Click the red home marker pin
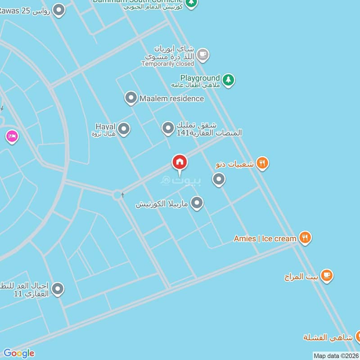[x=180, y=162]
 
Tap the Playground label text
[x=200, y=78]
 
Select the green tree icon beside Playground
[x=229, y=80]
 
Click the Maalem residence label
[x=171, y=98]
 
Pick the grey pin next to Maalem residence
[x=131, y=98]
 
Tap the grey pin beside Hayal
[x=124, y=129]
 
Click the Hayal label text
[x=105, y=126]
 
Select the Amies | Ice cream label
[x=265, y=238]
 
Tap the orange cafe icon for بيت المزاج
[x=327, y=275]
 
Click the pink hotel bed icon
[x=12, y=136]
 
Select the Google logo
[x=18, y=353]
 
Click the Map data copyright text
[x=336, y=355]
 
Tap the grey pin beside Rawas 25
[x=58, y=10]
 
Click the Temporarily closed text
[x=167, y=64]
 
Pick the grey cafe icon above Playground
[x=203, y=55]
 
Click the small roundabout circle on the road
[x=118, y=195]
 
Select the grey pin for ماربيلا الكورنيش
[x=196, y=203]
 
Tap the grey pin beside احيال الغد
[x=58, y=289]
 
